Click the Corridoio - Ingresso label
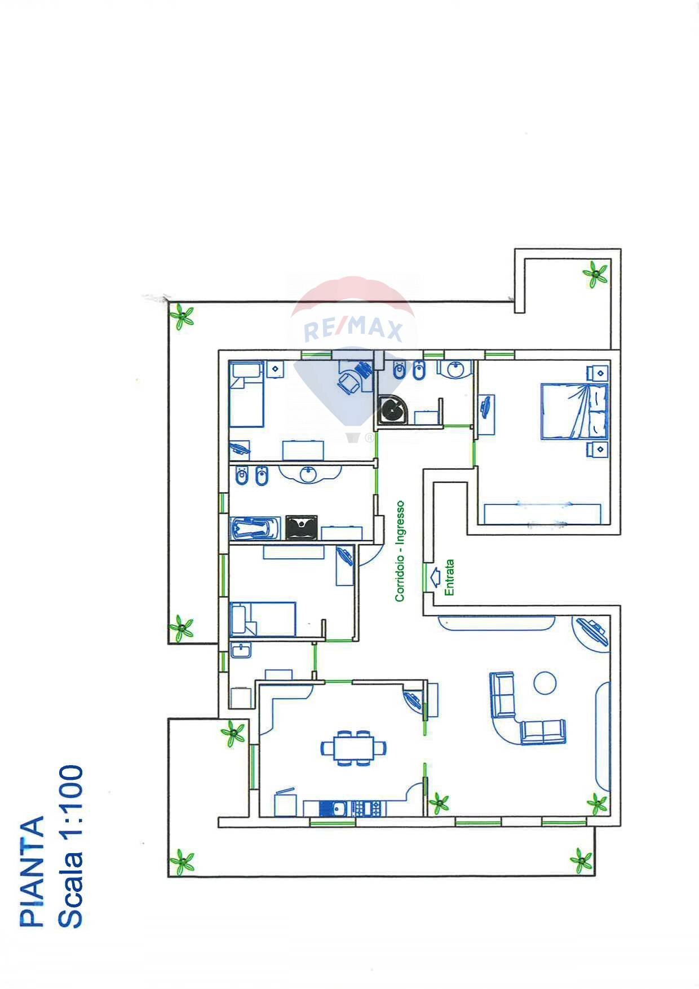(x=400, y=551)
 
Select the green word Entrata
(x=449, y=577)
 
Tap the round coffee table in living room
(x=545, y=683)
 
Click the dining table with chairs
(x=353, y=748)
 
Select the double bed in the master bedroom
(x=574, y=411)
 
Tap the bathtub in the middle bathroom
(x=255, y=528)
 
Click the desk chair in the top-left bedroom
(x=349, y=382)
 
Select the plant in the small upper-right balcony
(x=595, y=274)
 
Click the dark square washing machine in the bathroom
(x=302, y=527)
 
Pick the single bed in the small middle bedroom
(x=263, y=619)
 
